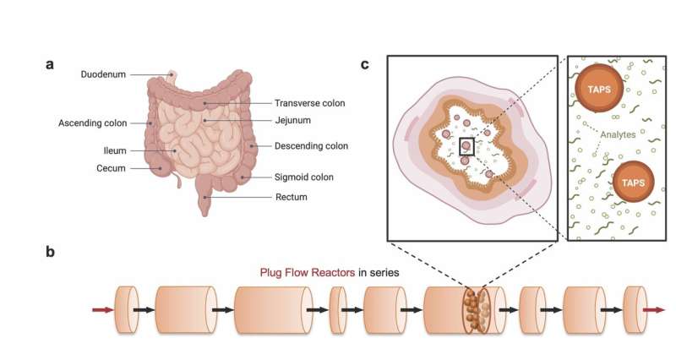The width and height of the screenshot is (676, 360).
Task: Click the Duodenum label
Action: click(104, 74)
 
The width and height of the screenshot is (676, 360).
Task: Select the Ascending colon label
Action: click(93, 123)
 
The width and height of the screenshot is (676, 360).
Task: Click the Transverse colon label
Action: click(310, 103)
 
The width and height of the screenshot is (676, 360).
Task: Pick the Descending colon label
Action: click(311, 146)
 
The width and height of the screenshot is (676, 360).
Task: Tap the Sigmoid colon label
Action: click(305, 177)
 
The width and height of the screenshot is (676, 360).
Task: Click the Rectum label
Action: click(290, 197)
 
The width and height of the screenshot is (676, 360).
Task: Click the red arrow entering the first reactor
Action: click(102, 310)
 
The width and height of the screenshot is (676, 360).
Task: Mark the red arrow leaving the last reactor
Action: click(653, 310)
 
